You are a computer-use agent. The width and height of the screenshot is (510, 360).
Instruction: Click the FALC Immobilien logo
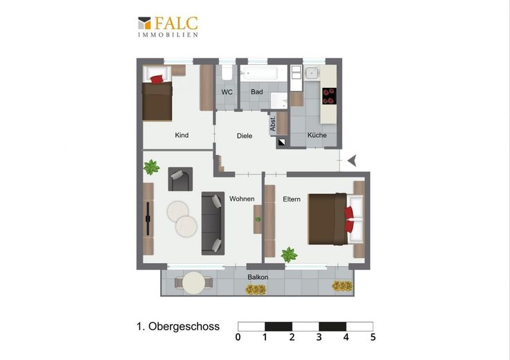click(x=168, y=27)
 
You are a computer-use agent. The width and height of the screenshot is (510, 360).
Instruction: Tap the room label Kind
click(x=182, y=135)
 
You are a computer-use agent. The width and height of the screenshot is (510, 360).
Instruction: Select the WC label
click(x=227, y=92)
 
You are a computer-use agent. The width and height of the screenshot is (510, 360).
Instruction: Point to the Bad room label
click(x=256, y=92)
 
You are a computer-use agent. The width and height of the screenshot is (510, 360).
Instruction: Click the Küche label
click(x=317, y=135)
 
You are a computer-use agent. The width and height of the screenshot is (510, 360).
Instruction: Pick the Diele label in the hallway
click(x=245, y=136)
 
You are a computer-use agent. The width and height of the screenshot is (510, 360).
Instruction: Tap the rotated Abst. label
click(x=273, y=123)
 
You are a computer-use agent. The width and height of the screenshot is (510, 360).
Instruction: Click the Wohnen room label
click(x=242, y=199)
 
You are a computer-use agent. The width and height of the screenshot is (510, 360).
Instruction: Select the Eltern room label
click(x=292, y=199)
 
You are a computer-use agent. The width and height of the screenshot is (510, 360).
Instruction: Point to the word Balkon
click(x=258, y=277)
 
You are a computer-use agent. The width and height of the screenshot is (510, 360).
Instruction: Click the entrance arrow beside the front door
click(x=352, y=160)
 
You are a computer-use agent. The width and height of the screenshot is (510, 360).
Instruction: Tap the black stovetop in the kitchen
click(x=329, y=96)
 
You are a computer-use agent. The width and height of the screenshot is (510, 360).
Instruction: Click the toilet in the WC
click(x=227, y=73)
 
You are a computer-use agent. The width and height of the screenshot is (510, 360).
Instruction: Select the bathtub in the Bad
click(x=259, y=73)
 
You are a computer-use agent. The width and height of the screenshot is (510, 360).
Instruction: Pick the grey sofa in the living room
click(x=213, y=223)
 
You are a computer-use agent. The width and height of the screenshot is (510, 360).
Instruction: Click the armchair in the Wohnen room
click(x=180, y=179)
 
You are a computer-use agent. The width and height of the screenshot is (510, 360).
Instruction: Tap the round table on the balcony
click(x=194, y=283)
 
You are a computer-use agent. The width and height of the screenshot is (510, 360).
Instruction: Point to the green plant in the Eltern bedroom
click(x=289, y=254)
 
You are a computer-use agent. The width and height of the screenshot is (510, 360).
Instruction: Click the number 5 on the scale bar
click(x=373, y=337)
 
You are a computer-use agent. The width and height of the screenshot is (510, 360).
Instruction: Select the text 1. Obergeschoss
click(x=178, y=327)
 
